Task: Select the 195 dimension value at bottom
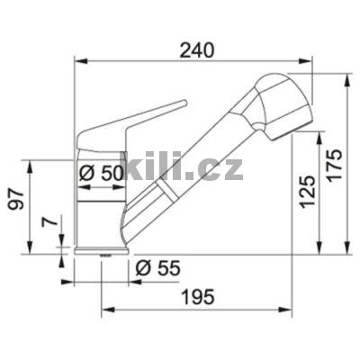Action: [x=195, y=297]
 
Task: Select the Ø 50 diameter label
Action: [x=101, y=175]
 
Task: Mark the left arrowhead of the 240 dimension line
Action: [x=76, y=62]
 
